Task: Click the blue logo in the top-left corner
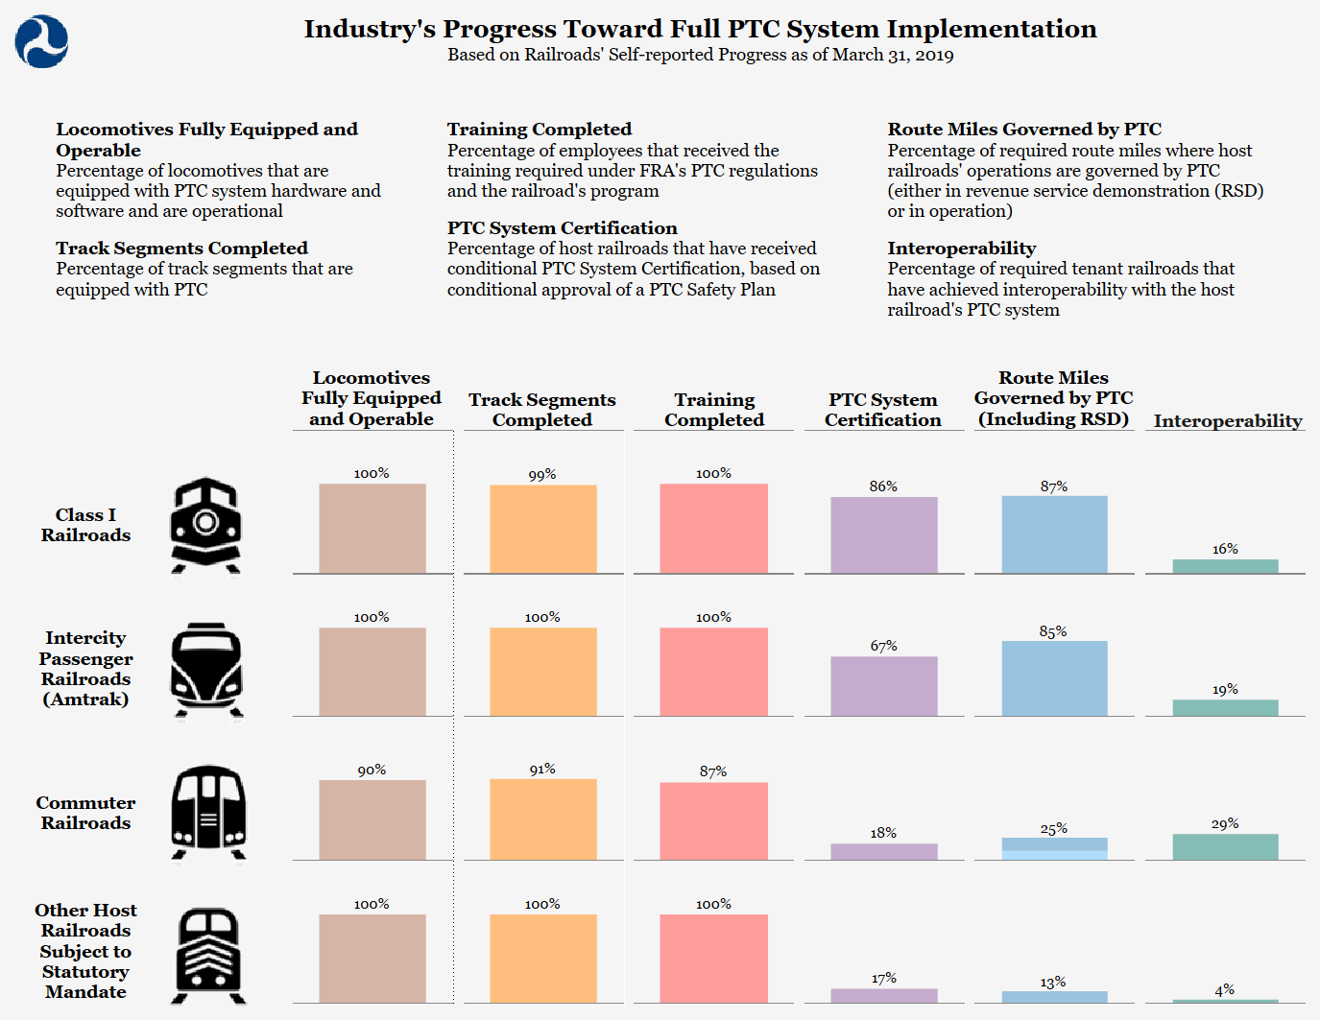click(41, 42)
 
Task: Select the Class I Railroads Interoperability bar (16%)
click(1225, 566)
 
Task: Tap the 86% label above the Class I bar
click(883, 486)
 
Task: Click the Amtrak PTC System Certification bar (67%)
click(883, 686)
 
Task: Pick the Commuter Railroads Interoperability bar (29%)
click(1225, 846)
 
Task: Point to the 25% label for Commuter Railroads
click(1053, 829)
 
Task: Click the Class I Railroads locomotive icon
click(205, 526)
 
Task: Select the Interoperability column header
click(1227, 420)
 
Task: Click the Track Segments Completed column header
click(542, 410)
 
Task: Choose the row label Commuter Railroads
click(85, 813)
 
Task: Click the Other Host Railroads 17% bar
click(883, 996)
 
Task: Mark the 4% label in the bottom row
click(1224, 990)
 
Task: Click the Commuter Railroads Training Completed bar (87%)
click(713, 820)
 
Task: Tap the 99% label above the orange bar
click(542, 475)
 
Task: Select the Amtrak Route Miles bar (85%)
click(1054, 678)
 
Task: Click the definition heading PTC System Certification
click(562, 228)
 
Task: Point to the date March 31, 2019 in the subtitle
click(893, 55)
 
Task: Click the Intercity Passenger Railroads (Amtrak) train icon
click(206, 670)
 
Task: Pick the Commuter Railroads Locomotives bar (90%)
click(372, 819)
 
